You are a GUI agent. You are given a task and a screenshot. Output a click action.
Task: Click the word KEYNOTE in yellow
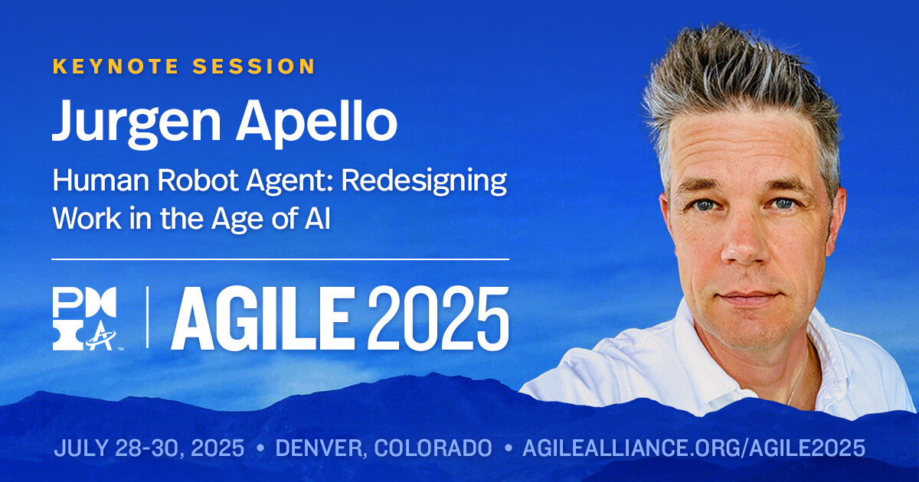pyautogui.click(x=116, y=67)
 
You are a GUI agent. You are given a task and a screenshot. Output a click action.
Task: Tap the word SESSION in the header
pyautogui.click(x=253, y=67)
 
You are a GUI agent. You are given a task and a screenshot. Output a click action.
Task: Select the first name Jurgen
pyautogui.click(x=136, y=120)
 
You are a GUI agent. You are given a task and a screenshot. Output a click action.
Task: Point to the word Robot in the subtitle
pyautogui.click(x=198, y=180)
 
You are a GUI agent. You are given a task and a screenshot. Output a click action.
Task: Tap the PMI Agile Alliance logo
pyautogui.click(x=85, y=318)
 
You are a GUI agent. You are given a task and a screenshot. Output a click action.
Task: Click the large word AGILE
pyautogui.click(x=263, y=318)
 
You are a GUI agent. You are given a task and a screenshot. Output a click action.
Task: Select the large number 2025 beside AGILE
pyautogui.click(x=438, y=318)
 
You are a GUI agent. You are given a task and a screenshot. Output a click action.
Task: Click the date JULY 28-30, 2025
pyautogui.click(x=149, y=448)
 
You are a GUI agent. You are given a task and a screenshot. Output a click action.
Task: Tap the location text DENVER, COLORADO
pyautogui.click(x=384, y=448)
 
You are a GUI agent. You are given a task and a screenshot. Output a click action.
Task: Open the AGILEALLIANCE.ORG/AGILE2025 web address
pyautogui.click(x=694, y=448)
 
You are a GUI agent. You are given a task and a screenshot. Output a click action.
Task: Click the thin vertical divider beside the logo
pyautogui.click(x=147, y=318)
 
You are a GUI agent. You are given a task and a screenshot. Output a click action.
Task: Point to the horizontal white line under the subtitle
pyautogui.click(x=280, y=259)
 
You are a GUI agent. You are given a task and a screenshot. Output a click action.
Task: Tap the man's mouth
pyautogui.click(x=750, y=297)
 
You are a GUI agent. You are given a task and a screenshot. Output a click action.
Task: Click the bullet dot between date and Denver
pyautogui.click(x=260, y=448)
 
